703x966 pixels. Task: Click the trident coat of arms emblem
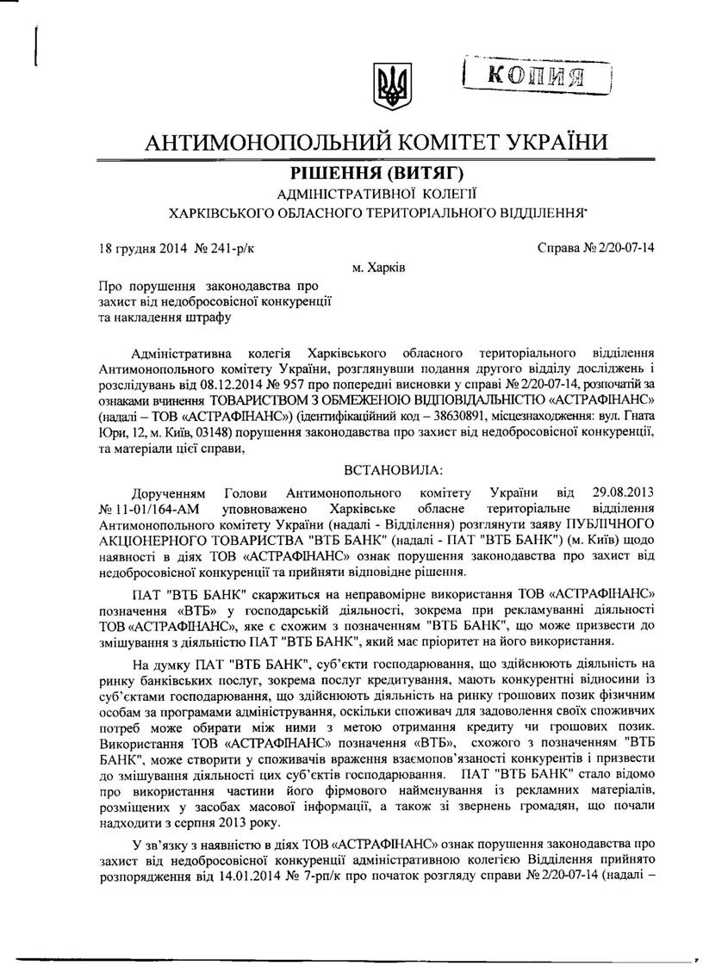click(384, 84)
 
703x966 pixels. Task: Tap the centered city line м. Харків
click(380, 268)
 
